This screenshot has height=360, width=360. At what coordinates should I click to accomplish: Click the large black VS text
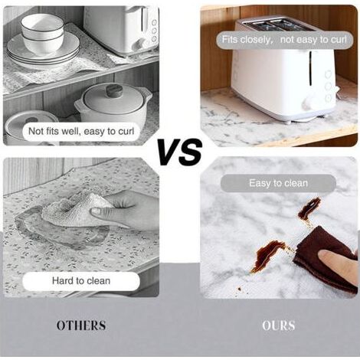pyautogui.click(x=180, y=152)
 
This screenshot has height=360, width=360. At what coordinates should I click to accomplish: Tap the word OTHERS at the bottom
pyautogui.click(x=81, y=326)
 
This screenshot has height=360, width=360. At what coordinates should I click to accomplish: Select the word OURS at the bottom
pyautogui.click(x=279, y=326)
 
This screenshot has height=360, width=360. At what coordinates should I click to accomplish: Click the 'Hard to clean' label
pyautogui.click(x=81, y=281)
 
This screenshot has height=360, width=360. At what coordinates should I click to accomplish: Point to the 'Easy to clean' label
pyautogui.click(x=278, y=183)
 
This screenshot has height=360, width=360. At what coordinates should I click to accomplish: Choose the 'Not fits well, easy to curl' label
pyautogui.click(x=81, y=131)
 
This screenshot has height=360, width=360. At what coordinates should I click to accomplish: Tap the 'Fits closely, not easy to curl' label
pyautogui.click(x=284, y=40)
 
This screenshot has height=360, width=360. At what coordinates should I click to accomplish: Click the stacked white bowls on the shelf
pyautogui.click(x=42, y=32)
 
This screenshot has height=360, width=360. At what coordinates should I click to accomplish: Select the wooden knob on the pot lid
pyautogui.click(x=114, y=90)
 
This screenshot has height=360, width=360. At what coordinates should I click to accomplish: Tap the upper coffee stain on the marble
pyautogui.click(x=309, y=211)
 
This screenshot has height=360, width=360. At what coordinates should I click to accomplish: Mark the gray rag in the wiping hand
pyautogui.click(x=74, y=209)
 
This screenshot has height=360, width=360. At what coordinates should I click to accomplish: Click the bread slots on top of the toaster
pyautogui.click(x=277, y=25)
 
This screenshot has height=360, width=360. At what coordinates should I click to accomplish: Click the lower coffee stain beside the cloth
pyautogui.click(x=269, y=254)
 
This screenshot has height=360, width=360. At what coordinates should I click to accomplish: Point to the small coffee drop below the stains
pyautogui.click(x=240, y=289)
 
